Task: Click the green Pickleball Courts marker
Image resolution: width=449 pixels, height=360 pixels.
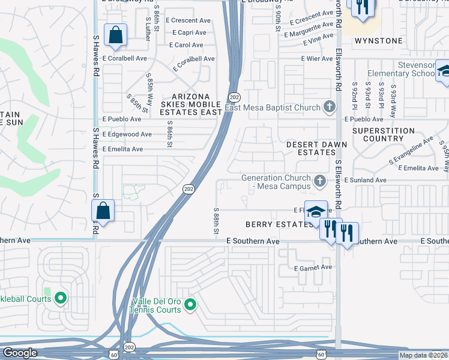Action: [x=60, y=298]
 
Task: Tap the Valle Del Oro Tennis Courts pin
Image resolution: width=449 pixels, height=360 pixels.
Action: [x=190, y=305]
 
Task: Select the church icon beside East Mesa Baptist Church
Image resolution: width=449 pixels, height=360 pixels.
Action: [x=328, y=108]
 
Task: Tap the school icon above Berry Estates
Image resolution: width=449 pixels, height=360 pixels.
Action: [x=316, y=212]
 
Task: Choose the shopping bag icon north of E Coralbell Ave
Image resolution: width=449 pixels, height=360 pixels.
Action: [x=115, y=35]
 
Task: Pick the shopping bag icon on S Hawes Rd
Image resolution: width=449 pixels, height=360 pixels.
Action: [x=103, y=211]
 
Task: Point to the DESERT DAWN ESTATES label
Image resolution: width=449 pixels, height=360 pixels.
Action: [x=310, y=148]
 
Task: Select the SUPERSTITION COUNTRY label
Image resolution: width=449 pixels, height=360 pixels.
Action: [x=383, y=134]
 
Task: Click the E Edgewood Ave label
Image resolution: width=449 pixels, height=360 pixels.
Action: [x=127, y=134]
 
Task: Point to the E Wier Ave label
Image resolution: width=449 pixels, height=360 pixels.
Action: [x=317, y=59]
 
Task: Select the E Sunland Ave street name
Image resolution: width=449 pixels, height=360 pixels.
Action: [x=369, y=180]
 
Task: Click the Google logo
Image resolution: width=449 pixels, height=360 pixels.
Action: [x=20, y=353]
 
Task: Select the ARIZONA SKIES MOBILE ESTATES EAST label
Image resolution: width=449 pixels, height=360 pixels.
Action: [x=190, y=104]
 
